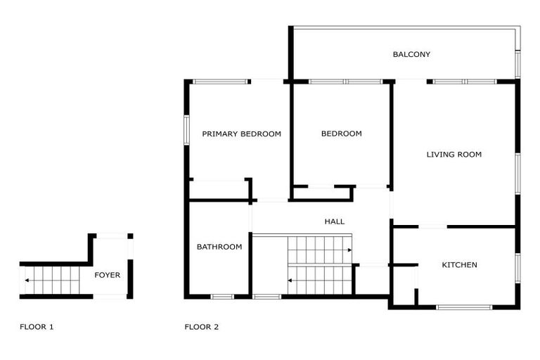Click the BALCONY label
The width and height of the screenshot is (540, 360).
point(411,54)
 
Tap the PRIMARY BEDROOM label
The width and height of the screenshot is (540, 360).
point(241,134)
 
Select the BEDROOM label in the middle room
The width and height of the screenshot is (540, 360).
point(341,134)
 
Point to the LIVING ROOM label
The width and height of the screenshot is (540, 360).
point(454,154)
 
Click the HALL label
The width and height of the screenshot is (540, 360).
point(335,221)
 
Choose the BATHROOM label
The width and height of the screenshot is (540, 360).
point(219,247)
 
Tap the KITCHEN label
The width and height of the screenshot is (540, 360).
point(459,265)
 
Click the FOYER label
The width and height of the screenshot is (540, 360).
point(108,275)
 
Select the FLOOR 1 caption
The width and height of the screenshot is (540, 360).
point(37,327)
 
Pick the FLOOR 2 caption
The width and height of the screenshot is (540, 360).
point(202,327)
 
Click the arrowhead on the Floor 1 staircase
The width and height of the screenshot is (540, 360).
point(26,280)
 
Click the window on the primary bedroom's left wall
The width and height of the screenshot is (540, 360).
point(187,129)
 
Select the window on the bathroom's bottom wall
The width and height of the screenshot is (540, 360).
point(222,296)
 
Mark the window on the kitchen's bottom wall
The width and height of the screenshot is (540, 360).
point(464,307)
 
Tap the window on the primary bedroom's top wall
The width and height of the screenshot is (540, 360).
point(220,82)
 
